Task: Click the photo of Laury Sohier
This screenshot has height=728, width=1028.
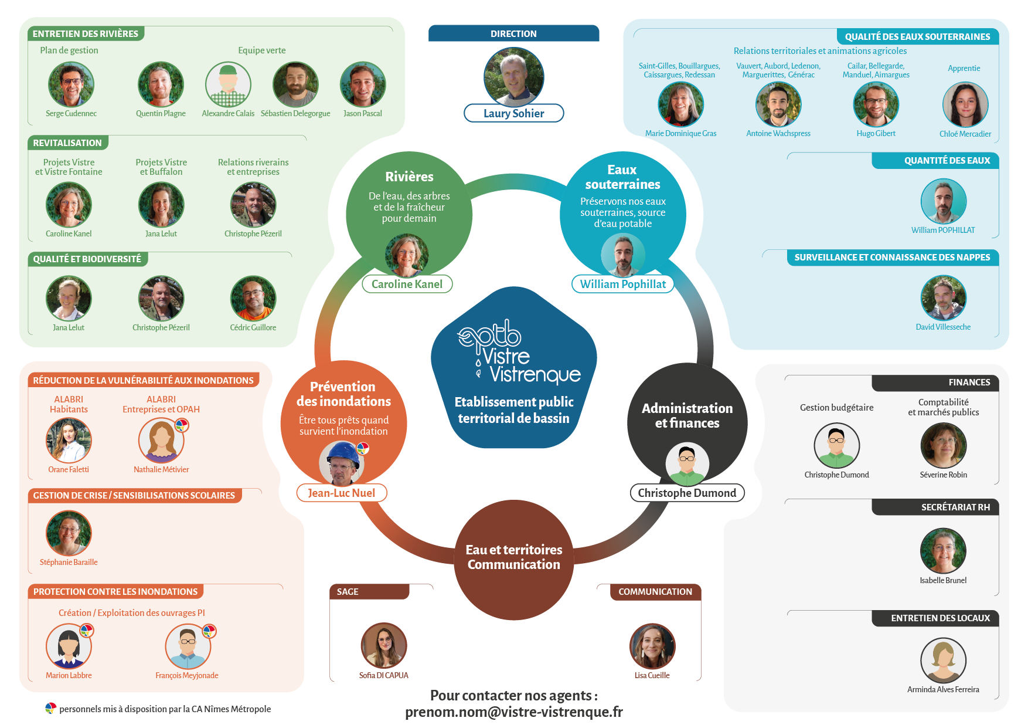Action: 513,77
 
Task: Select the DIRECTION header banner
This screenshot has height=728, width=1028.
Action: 513,33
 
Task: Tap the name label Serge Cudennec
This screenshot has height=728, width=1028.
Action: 71,114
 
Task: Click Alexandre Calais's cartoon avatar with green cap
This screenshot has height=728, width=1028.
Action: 228,84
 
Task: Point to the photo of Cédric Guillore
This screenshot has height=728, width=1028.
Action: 253,299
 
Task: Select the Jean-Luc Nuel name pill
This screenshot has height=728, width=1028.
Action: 342,493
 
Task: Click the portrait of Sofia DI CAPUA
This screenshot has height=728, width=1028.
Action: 384,646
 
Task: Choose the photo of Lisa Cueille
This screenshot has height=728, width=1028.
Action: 652,646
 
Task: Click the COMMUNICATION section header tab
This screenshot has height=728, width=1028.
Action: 655,592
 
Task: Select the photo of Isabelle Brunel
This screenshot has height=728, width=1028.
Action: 943,551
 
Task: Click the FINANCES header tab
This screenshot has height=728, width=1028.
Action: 969,382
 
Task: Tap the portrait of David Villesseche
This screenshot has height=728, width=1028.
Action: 943,298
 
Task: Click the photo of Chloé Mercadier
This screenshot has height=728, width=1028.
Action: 965,105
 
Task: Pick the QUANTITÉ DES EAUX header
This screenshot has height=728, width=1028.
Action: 947,161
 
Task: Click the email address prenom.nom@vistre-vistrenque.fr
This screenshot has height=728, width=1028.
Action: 513,712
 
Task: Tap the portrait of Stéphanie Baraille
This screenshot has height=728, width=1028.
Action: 69,533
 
